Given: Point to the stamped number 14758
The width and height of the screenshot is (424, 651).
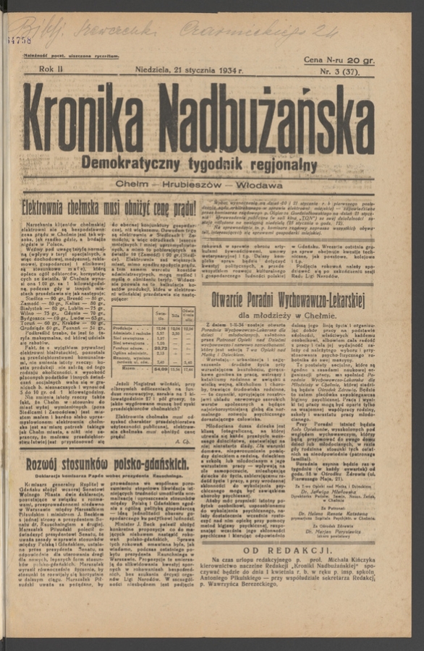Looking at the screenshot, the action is [20, 41].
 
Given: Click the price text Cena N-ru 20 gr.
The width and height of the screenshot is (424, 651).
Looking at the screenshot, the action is [339, 60].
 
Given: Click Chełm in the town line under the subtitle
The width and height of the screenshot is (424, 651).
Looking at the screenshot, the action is [132, 185].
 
